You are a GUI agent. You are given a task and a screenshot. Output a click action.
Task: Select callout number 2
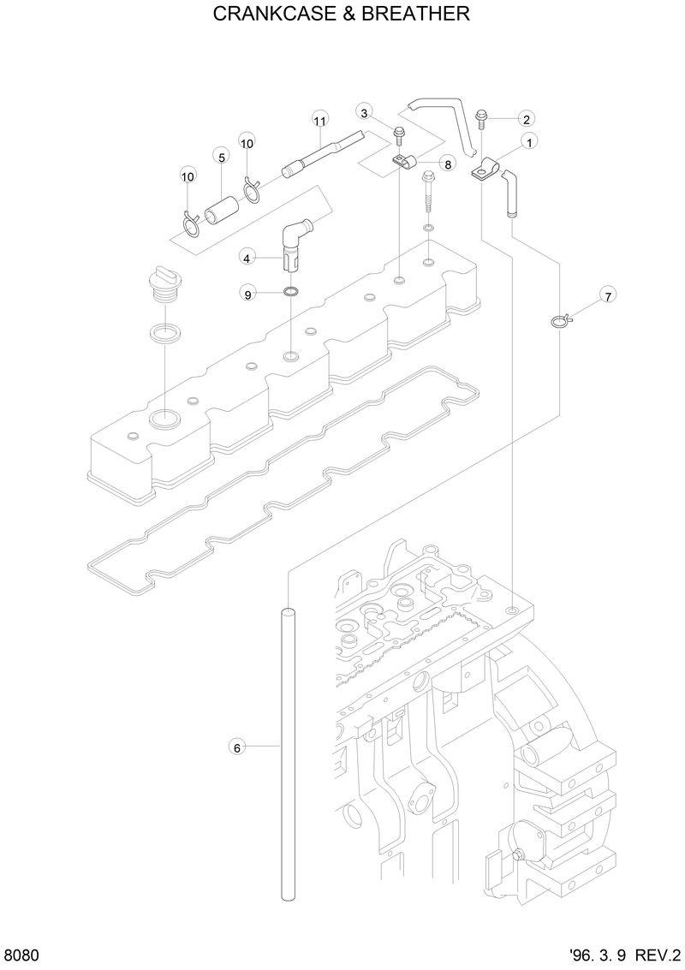527,119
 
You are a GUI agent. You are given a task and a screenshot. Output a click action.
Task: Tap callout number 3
364,113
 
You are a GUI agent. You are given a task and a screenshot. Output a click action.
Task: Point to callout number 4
246,257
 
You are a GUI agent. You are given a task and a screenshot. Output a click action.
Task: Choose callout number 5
221,158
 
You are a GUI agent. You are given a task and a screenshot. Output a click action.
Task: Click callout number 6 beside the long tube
238,747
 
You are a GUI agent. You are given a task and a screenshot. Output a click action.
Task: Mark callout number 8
448,163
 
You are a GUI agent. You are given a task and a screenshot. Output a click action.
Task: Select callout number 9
247,295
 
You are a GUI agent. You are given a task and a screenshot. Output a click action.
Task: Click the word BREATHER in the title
421,15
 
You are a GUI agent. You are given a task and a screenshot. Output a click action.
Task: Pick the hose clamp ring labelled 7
559,322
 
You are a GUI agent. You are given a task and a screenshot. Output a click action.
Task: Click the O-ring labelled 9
291,294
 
